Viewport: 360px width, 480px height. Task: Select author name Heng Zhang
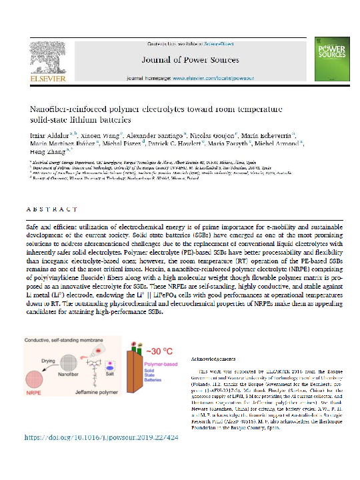point(48,153)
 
